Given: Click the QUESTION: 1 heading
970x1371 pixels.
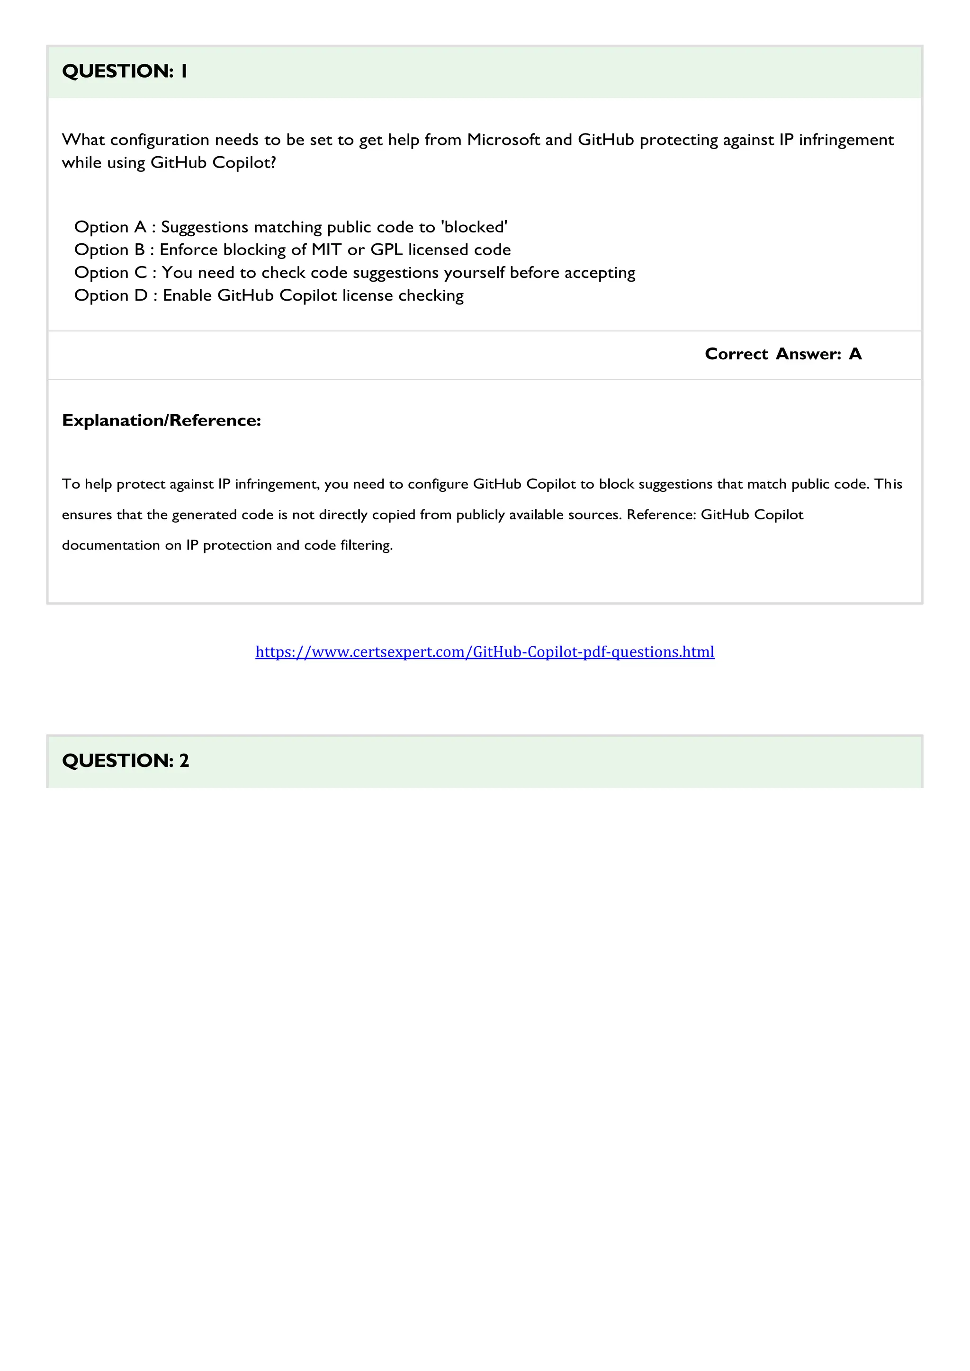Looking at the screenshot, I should tap(124, 71).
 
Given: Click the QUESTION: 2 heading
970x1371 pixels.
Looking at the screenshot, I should tap(126, 760).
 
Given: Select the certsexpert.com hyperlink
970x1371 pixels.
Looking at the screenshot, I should tap(485, 651).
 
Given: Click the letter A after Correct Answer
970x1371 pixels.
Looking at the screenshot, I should tap(855, 354).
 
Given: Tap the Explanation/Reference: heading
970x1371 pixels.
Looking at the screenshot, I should tap(161, 420).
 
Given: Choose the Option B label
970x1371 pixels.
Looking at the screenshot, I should tap(109, 249).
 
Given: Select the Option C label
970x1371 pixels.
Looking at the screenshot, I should tap(110, 272).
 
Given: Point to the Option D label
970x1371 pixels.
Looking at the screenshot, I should tap(110, 295).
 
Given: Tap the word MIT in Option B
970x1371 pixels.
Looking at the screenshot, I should tap(326, 249).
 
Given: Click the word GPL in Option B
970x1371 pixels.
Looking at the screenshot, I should tap(386, 249).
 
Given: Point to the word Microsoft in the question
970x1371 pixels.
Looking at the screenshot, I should tap(503, 140).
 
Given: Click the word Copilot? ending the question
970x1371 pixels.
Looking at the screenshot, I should tap(244, 162).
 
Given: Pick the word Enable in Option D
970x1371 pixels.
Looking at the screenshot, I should tap(187, 295).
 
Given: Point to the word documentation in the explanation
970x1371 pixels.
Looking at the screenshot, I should tap(110, 545).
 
